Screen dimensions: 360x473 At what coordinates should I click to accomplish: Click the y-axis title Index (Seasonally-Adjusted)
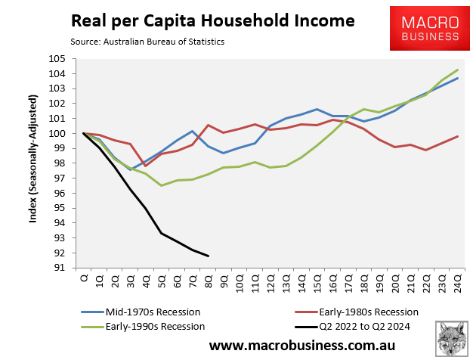pyautogui.click(x=34, y=162)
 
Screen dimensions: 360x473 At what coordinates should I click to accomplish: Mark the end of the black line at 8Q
pyautogui.click(x=208, y=256)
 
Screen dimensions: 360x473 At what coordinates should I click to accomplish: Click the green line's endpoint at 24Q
pyautogui.click(x=457, y=70)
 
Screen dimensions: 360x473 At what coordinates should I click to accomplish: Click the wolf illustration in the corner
pyautogui.click(x=451, y=337)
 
